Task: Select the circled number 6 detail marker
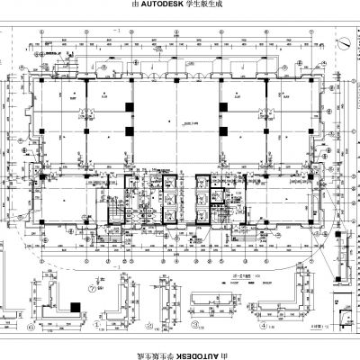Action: coord(95,326)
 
